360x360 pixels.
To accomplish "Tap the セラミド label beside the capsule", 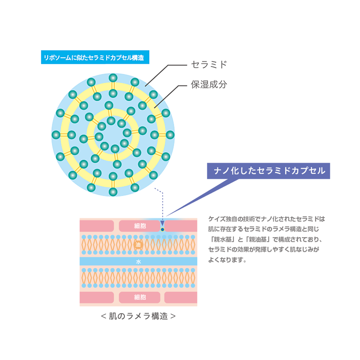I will coord(209,65).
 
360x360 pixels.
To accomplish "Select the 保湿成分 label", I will coord(209,84).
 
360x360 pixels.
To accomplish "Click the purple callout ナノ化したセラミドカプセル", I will coord(268,171).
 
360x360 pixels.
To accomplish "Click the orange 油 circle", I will coord(138,244).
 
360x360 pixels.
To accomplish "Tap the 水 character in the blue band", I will coord(138,262).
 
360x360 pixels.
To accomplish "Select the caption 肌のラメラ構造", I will coord(138,316).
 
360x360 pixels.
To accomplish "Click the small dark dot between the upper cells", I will coord(162,230).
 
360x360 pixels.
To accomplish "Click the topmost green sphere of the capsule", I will coord(113,78).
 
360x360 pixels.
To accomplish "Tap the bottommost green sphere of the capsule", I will coord(113,192).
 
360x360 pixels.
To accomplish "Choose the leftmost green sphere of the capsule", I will coord(56,135).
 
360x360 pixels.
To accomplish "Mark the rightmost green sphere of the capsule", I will coord(170,135).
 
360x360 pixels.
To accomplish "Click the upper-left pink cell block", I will coord(97,226).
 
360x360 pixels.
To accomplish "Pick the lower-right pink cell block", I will coord(180,297).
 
